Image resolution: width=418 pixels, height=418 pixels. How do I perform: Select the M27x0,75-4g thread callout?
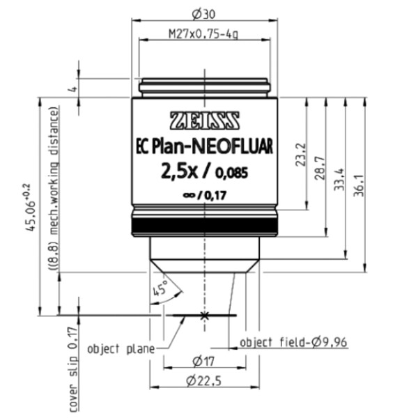pyautogui.click(x=204, y=33)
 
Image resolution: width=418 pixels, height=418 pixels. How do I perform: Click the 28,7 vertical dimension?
pyautogui.click(x=320, y=167)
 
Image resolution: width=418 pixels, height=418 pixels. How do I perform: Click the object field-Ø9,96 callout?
pyautogui.click(x=293, y=342)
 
